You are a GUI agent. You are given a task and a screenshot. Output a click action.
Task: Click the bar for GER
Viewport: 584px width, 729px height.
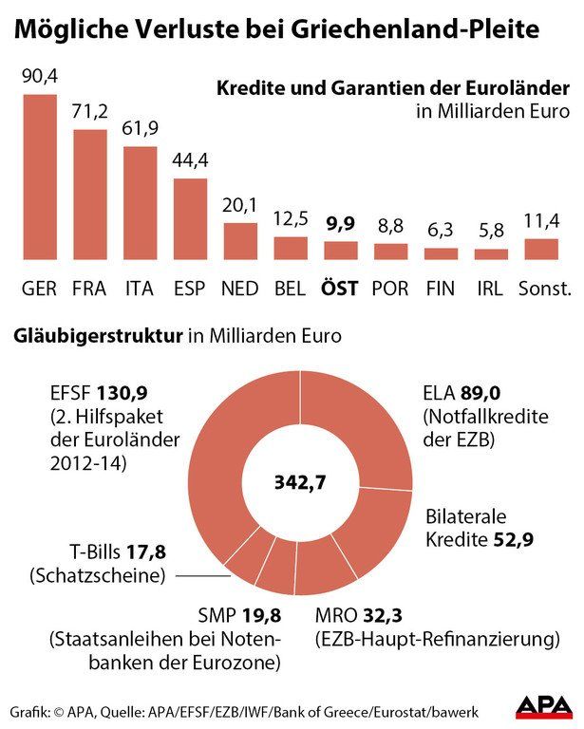40,177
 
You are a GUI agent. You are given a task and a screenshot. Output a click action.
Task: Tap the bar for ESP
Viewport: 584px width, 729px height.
190,218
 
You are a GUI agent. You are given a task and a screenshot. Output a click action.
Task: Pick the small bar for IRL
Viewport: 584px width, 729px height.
491,254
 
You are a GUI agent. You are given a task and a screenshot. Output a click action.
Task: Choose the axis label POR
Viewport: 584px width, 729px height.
390,288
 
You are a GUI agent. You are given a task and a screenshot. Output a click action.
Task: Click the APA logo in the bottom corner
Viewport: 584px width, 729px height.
542,706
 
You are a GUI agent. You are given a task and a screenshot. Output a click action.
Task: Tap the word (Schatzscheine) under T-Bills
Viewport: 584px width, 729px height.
98,574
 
